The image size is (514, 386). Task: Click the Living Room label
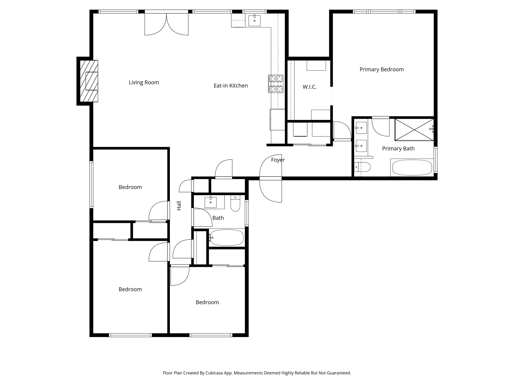(144, 82)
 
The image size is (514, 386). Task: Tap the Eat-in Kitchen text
(231, 86)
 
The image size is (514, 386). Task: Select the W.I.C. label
(309, 87)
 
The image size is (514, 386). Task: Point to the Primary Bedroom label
(381, 70)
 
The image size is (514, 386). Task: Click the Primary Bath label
(398, 149)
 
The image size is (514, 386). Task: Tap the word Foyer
(278, 160)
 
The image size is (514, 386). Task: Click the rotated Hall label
(179, 206)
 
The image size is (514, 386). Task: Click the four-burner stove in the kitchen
(276, 84)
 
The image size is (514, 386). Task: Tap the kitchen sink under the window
(254, 21)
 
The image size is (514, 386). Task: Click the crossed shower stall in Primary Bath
(414, 130)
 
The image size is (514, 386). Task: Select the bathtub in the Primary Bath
(412, 168)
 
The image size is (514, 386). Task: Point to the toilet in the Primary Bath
(362, 167)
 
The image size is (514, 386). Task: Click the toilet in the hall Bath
(235, 204)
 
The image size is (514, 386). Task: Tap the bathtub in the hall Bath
(227, 237)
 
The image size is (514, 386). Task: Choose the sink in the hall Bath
(211, 202)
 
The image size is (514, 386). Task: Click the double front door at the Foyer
(271, 178)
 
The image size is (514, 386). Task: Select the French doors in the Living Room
(166, 24)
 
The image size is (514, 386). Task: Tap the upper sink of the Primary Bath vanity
(361, 128)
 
